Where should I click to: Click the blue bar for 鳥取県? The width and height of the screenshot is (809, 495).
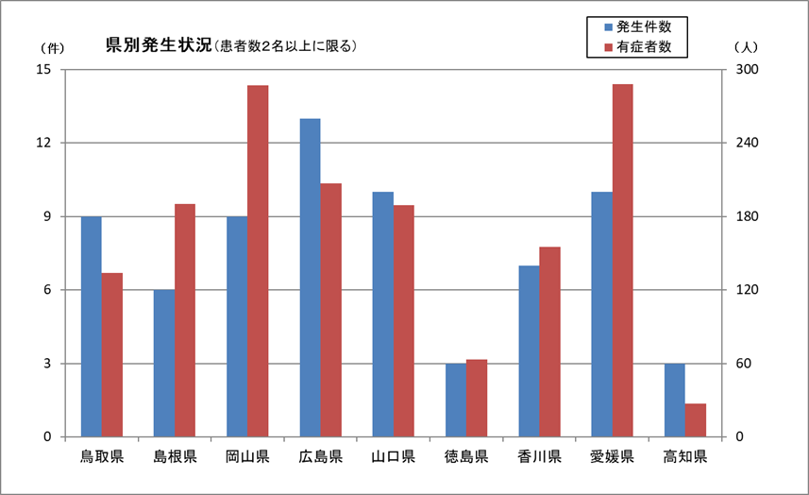click(x=91, y=327)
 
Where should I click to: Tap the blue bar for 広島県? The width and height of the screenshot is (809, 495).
click(x=310, y=278)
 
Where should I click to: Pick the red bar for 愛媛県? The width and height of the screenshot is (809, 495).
click(x=622, y=261)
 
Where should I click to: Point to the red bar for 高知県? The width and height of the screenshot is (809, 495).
click(x=696, y=420)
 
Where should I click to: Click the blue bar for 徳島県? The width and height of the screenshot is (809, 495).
click(x=456, y=400)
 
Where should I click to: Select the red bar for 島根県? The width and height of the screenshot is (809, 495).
click(x=184, y=320)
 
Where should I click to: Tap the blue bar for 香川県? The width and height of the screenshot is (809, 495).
click(x=529, y=351)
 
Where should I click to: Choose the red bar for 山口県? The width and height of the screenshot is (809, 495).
click(x=404, y=321)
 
